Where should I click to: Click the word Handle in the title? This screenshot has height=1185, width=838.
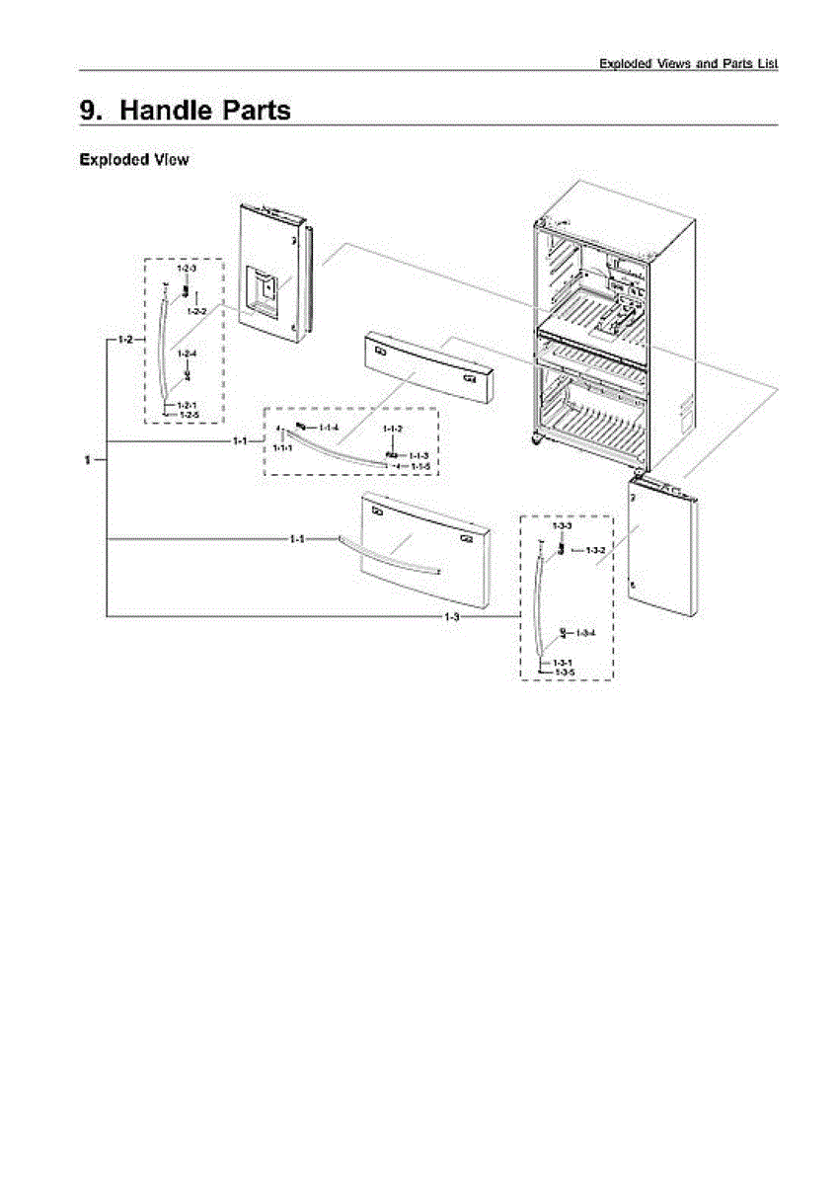coord(165,110)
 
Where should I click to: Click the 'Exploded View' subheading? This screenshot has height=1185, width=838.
coord(133,160)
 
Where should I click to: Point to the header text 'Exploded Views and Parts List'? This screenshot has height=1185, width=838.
coord(689,64)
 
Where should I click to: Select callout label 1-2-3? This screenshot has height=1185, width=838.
coord(187,269)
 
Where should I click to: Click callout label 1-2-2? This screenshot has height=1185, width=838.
coord(197,311)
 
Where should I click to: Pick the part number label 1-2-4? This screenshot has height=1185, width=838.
coord(187,353)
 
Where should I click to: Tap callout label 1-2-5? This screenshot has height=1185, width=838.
coord(188,416)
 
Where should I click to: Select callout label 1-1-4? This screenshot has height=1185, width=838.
coord(329,427)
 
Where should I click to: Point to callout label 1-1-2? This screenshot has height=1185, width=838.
coord(393,429)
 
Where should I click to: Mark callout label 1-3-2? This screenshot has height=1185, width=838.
coord(594,549)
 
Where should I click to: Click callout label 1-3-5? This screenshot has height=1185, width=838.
coord(565,671)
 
